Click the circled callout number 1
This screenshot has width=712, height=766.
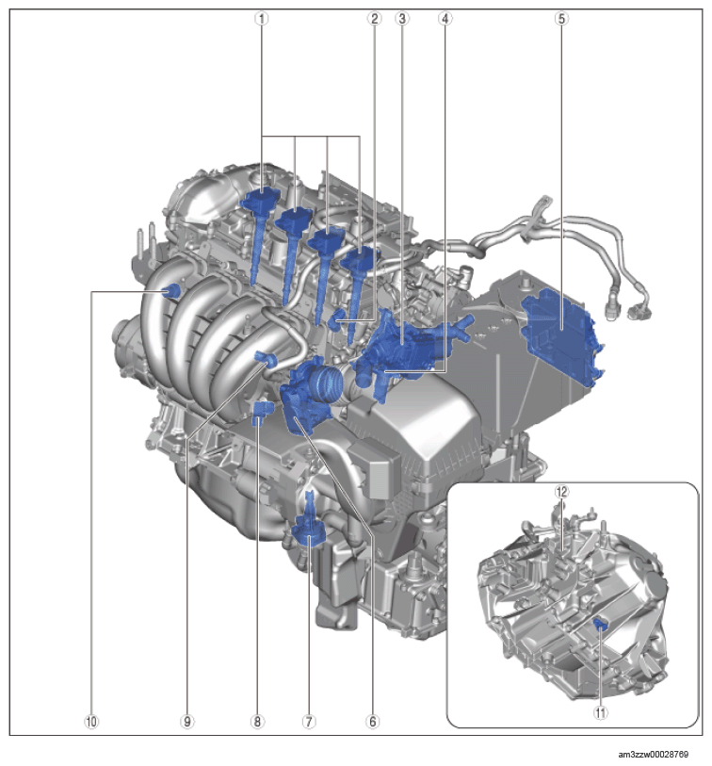pos(262,19)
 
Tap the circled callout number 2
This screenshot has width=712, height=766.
pos(374,19)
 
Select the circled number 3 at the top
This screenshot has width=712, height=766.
pos(402,19)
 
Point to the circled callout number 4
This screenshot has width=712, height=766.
pos(445,19)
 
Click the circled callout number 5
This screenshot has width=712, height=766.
pos(561,19)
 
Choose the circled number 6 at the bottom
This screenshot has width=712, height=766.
pos(372,722)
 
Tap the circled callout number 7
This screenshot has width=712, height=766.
pos(309,722)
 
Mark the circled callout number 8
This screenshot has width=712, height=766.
pos(257,722)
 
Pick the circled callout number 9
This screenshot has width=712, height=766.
pos(187,722)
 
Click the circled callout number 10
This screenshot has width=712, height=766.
pos(91,722)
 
